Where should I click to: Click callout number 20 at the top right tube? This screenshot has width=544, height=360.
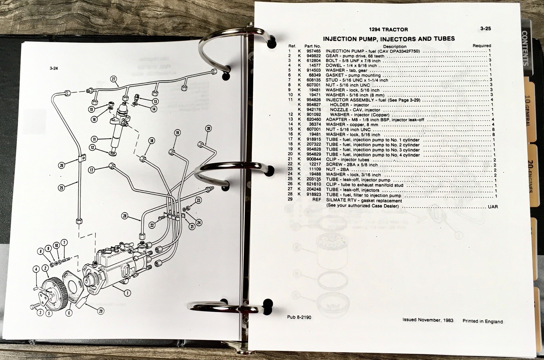(x=208, y=128)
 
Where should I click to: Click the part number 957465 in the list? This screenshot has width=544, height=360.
(x=312, y=51)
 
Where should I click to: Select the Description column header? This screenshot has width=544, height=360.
(x=394, y=46)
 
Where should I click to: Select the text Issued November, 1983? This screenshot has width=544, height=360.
(x=427, y=320)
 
